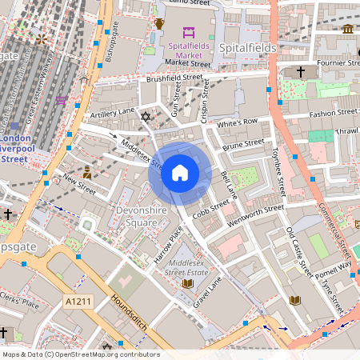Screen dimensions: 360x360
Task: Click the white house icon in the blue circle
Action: [x=180, y=173]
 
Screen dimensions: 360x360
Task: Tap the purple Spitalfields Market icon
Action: [x=189, y=32]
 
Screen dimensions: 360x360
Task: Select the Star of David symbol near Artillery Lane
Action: [x=145, y=118]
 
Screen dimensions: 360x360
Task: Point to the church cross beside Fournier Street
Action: [x=301, y=73]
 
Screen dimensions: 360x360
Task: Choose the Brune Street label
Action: [x=243, y=146]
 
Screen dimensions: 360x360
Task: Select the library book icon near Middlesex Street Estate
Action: [x=188, y=283]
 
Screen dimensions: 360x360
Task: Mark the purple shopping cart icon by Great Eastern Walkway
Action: [x=61, y=101]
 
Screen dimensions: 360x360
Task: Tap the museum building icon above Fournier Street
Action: [x=348, y=29]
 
